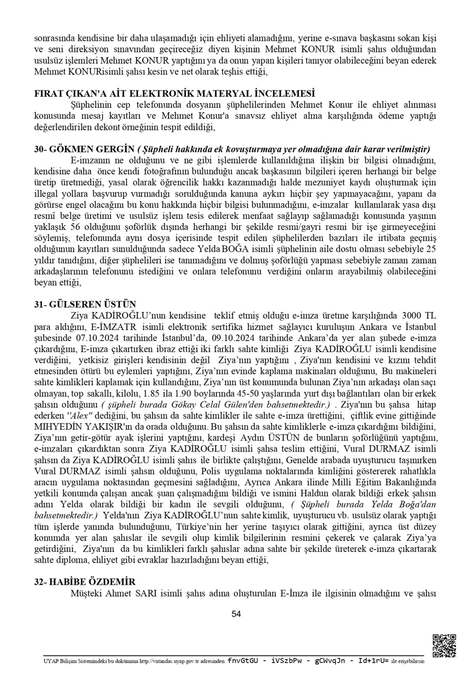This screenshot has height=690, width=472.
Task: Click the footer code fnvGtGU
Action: pyautogui.click(x=244, y=661)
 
